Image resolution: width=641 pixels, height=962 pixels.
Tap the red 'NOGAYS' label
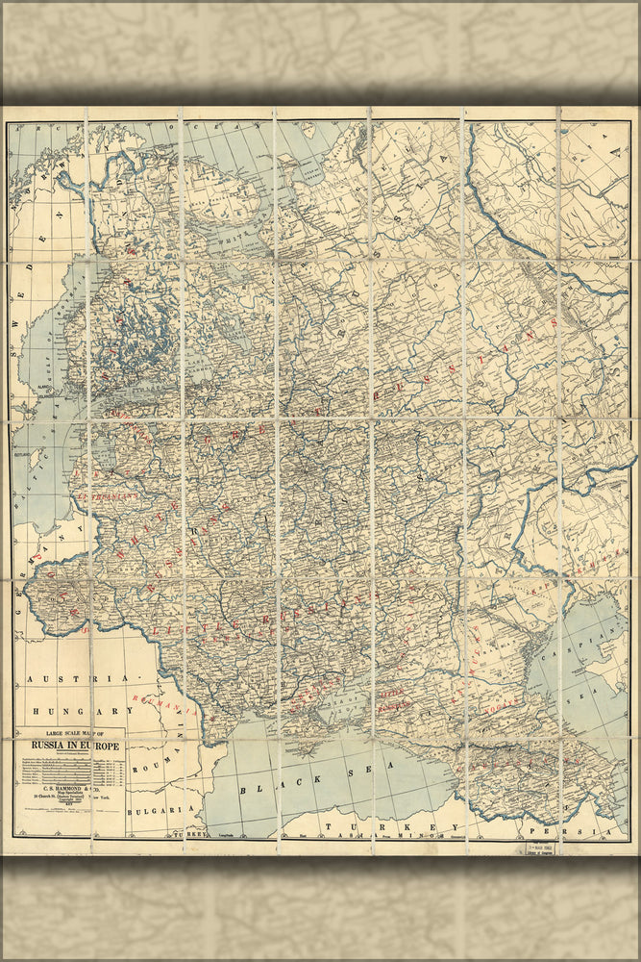pyautogui.click(x=475, y=640)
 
